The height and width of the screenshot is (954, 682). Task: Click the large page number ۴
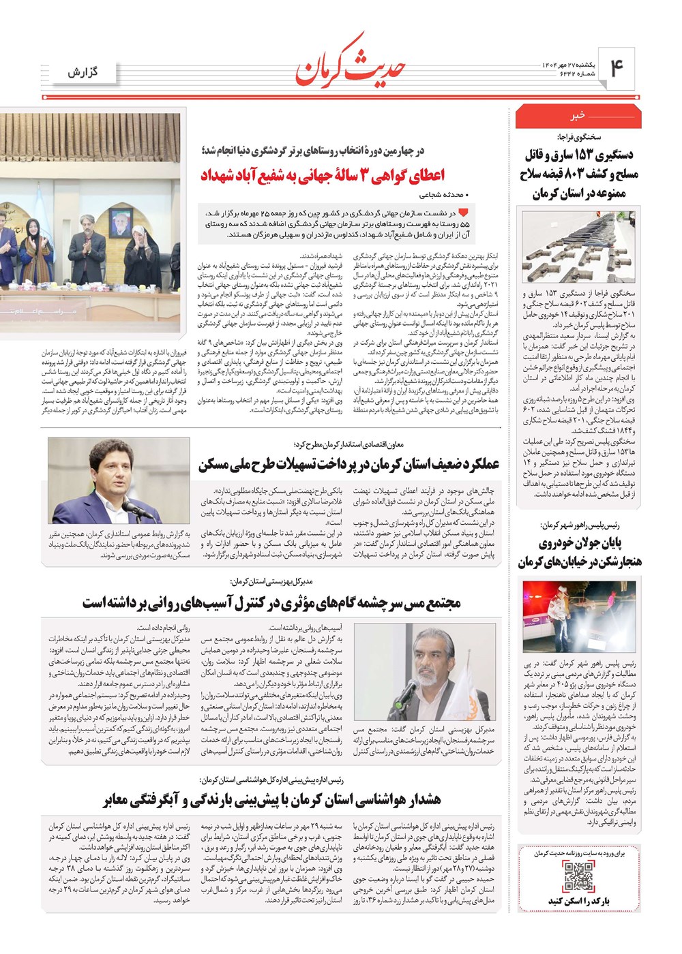pos(617,68)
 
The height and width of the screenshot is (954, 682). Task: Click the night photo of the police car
pos(578,616)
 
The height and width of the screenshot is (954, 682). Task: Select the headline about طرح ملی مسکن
pos(349,465)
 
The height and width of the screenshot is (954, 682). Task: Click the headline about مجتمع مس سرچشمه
pos(271,603)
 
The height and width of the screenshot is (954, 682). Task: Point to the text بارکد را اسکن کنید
pos(578,902)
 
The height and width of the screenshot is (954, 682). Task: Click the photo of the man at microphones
pos(119,480)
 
